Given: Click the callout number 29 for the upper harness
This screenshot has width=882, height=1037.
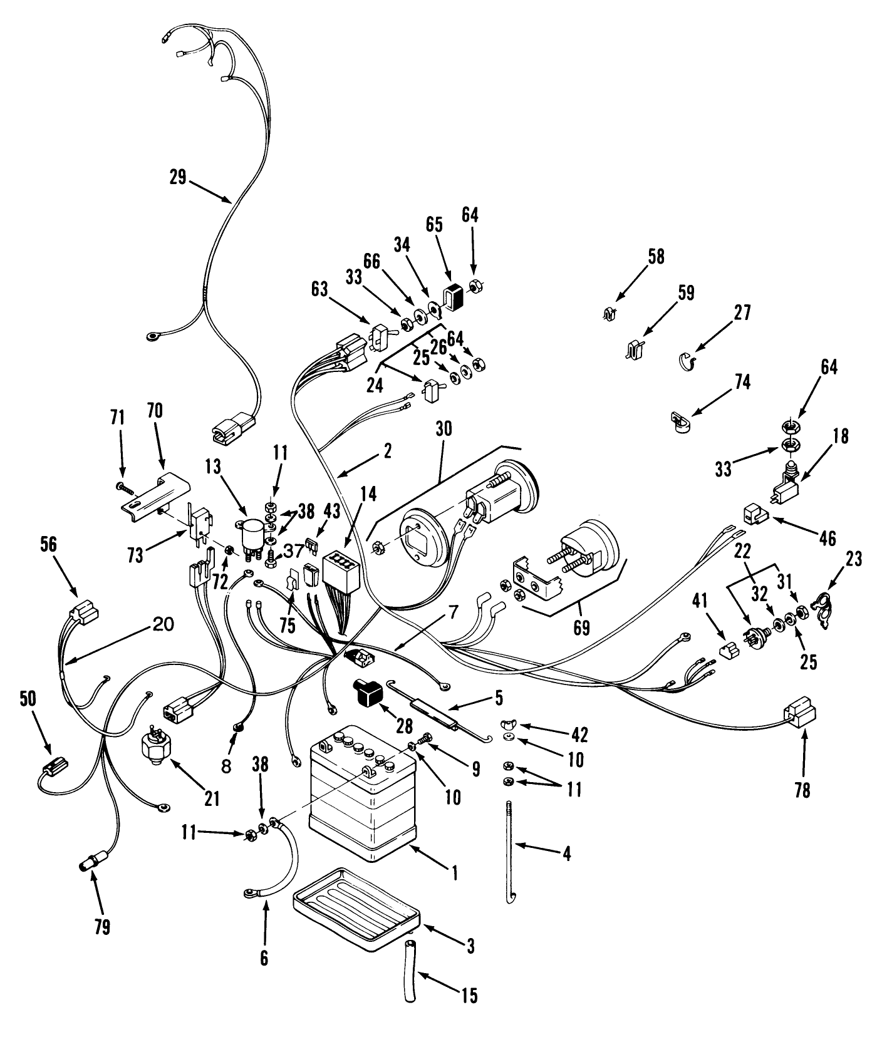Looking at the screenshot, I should [x=178, y=177].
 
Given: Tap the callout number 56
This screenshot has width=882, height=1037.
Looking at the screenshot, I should [x=48, y=545].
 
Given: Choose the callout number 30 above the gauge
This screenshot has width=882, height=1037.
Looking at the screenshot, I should [x=444, y=429].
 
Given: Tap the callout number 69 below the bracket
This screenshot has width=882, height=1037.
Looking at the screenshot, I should [x=581, y=627].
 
